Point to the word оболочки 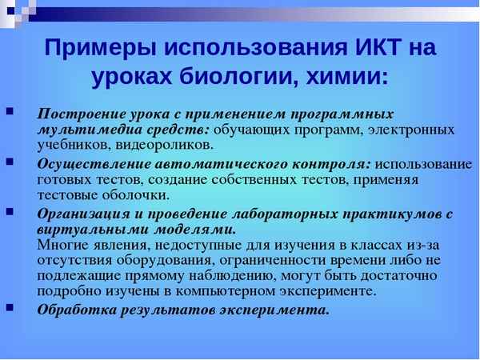pyautogui.click(x=139, y=194)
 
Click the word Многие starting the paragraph pyautogui.click(x=64, y=244)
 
